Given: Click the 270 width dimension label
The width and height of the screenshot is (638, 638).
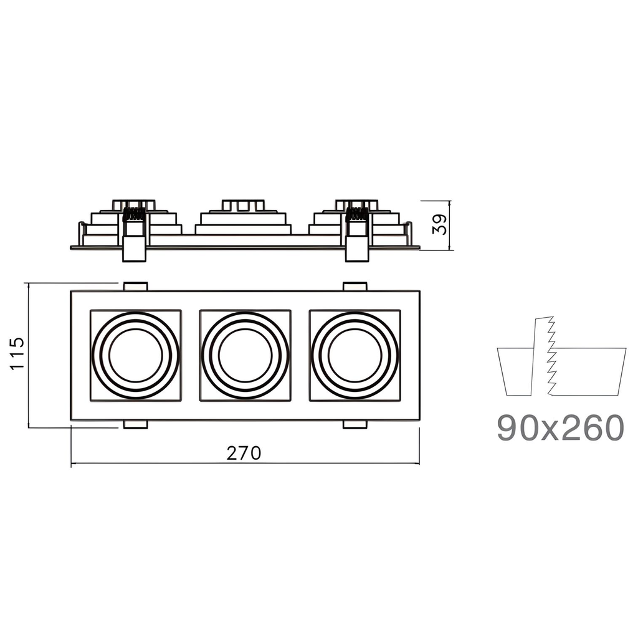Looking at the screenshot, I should coord(244,453).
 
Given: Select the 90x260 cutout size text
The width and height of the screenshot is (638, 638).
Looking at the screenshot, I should coord(560,427).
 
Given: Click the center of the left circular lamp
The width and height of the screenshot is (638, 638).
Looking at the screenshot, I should coord(136,355).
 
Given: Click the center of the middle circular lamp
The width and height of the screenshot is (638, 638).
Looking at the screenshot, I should coord(245,355).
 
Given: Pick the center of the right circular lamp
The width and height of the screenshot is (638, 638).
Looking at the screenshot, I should coord(355,355).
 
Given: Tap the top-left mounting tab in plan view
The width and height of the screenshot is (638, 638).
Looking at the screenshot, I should coord(135,287).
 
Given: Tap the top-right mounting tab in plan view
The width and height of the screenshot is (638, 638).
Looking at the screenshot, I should coord(355,287).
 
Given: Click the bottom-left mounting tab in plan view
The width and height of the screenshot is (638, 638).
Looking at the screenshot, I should coord(135,425).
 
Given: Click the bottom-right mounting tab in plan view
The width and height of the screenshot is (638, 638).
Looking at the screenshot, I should coord(355,425).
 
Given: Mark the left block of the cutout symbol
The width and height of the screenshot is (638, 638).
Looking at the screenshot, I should coord(515,371).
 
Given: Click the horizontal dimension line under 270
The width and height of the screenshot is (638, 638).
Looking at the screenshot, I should coord(187,464).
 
